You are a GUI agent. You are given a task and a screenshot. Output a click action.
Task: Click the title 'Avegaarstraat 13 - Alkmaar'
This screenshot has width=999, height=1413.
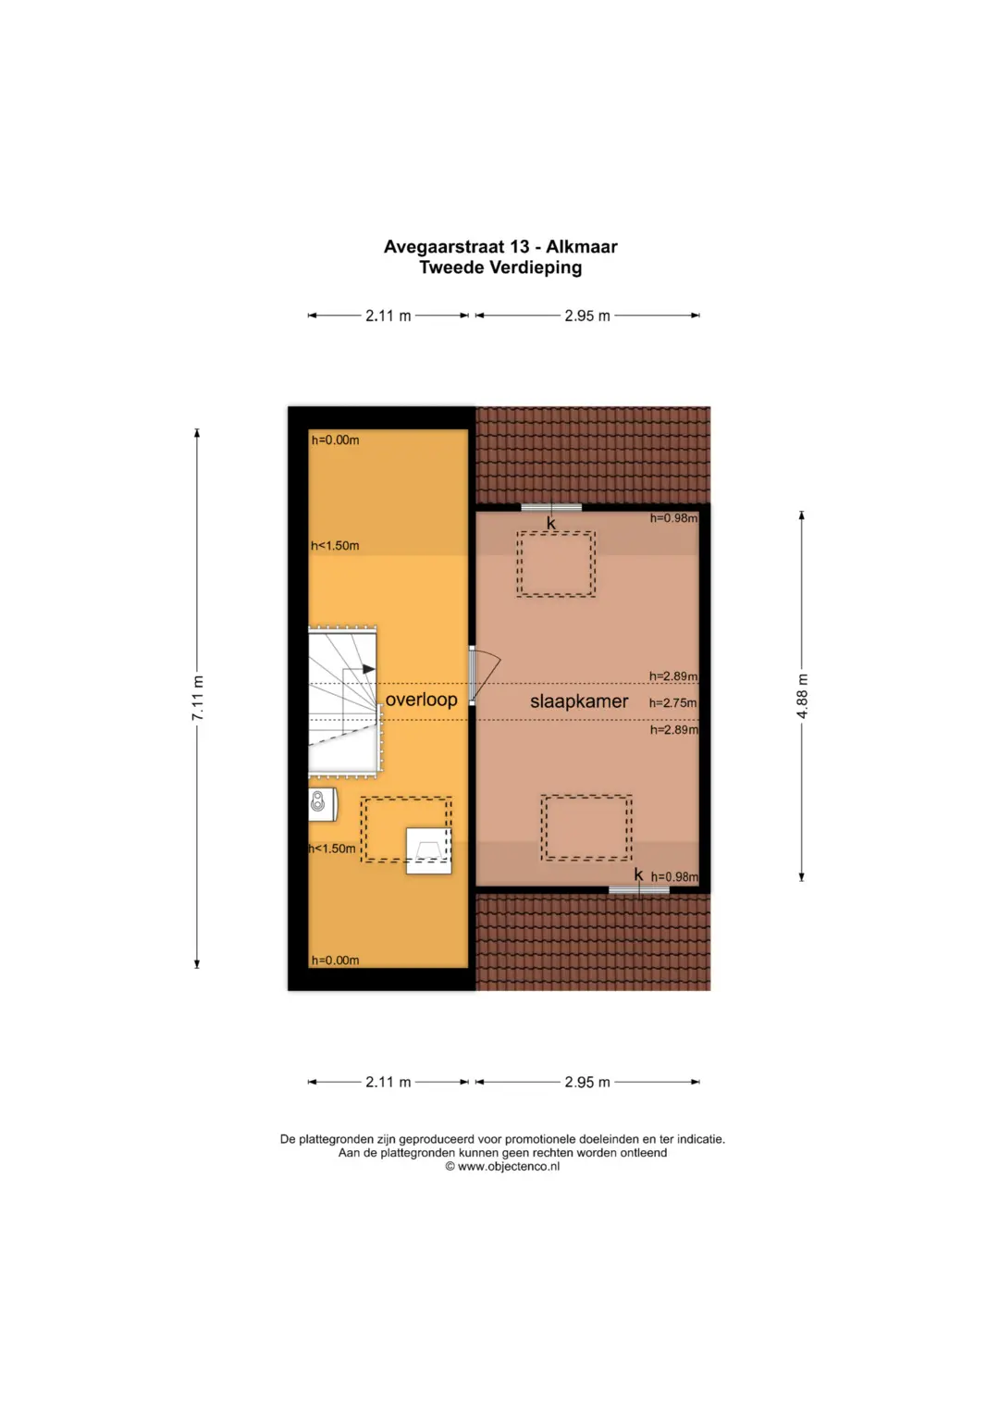coord(500,246)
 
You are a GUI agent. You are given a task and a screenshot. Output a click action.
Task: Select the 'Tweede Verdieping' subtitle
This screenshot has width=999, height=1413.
coord(500,267)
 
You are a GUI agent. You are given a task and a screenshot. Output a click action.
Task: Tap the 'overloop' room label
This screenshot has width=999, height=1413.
coord(421,700)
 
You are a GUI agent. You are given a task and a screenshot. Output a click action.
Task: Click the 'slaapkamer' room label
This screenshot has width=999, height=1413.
coord(579,701)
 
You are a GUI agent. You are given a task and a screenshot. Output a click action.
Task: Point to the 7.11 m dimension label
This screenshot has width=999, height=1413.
coord(198,698)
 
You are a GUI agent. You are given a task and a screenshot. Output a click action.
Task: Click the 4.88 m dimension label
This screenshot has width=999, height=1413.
coord(802,696)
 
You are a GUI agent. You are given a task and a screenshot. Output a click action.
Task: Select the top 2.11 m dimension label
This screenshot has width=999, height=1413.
coord(388,316)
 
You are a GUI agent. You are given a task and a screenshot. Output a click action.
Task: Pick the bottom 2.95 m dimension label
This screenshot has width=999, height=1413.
coord(587,1083)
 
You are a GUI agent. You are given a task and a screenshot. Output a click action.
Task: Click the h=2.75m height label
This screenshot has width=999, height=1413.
coord(673,702)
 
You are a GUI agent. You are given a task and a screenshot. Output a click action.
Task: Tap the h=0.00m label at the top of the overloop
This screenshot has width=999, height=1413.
coord(335,440)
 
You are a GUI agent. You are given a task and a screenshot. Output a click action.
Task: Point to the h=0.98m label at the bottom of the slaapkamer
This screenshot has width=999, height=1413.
coord(674,877)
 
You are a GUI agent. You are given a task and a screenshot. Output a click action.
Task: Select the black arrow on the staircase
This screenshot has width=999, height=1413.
coord(369,669)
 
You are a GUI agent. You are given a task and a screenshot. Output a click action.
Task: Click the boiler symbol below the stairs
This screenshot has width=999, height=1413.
coord(322,804)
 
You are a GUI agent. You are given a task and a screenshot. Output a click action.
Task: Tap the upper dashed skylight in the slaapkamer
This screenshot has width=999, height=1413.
coord(556,564)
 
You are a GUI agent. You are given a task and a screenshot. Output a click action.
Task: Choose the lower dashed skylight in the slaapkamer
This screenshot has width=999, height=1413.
coord(586,827)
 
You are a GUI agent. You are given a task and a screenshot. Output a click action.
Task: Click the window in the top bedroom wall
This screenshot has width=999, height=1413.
coord(551,507)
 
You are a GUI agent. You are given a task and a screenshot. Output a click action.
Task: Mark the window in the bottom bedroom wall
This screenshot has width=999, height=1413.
coord(639,890)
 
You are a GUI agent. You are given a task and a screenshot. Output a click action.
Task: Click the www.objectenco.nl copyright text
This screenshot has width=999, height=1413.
coord(502,1166)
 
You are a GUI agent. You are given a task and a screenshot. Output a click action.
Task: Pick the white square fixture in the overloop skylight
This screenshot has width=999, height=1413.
coord(429,851)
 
